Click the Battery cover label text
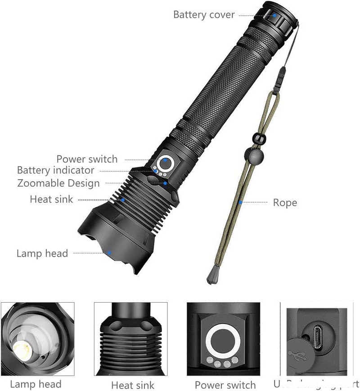[204, 15]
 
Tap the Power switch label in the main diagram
[87, 159]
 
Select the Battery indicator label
[56, 170]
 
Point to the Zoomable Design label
[58, 183]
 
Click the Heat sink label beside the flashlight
[51, 199]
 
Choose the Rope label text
[285, 203]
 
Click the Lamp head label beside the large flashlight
[42, 253]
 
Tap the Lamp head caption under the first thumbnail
[36, 384]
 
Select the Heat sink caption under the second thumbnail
[133, 385]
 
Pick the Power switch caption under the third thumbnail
[225, 385]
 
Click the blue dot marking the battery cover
[274, 15]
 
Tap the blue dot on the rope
[240, 202]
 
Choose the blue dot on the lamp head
[109, 253]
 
